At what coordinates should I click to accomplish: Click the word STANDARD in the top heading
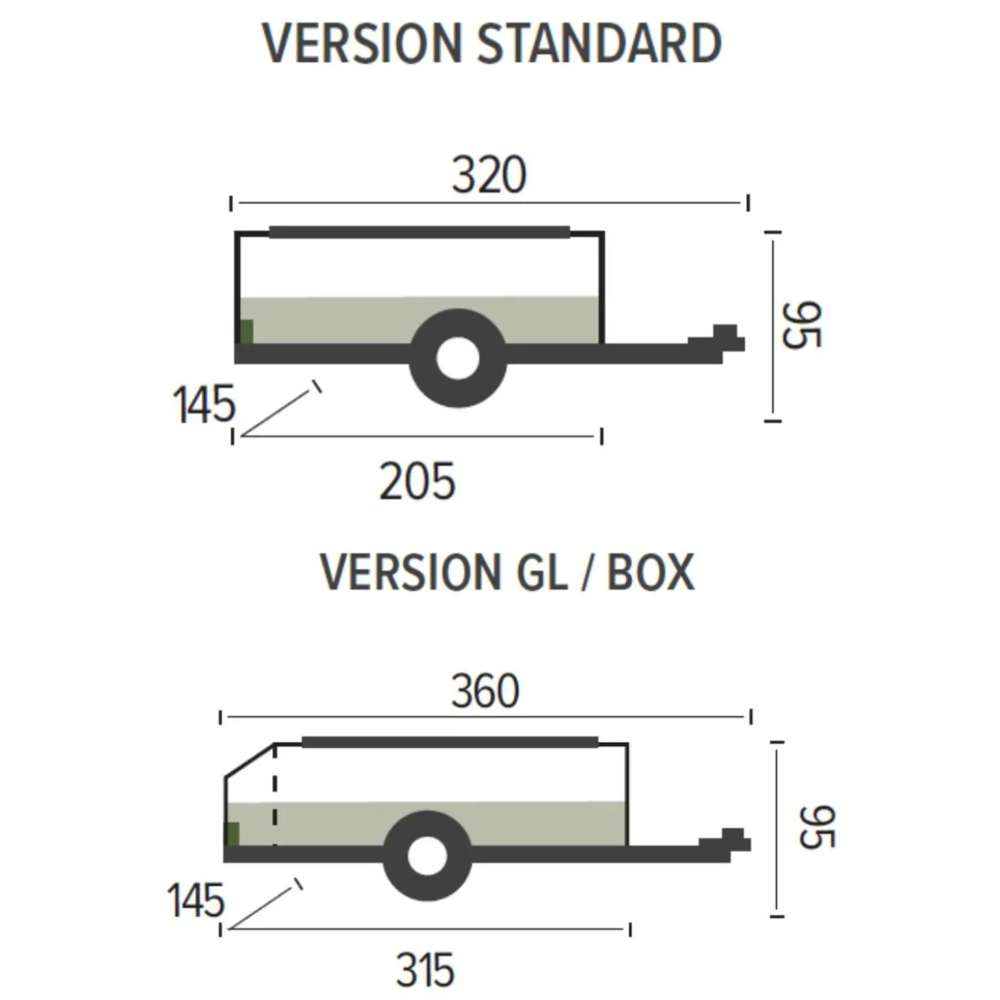(599, 44)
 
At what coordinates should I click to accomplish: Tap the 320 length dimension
(489, 175)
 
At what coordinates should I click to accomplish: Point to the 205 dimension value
(418, 481)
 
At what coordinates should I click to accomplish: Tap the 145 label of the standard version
(204, 405)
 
